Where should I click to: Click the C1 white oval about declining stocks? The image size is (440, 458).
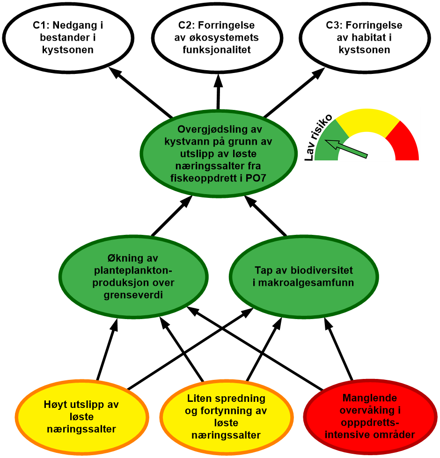68,37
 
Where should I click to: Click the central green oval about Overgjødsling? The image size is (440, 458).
219,153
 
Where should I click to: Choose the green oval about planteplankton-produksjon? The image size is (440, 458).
134,276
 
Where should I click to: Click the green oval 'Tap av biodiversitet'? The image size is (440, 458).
304,276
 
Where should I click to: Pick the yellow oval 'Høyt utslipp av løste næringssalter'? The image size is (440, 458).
81,416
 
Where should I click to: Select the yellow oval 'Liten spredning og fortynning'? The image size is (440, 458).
226,416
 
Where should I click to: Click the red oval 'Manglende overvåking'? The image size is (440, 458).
370,416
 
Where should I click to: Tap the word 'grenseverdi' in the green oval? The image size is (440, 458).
134,295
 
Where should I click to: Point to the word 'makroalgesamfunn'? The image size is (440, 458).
304,283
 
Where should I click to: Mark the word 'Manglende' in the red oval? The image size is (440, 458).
370,398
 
